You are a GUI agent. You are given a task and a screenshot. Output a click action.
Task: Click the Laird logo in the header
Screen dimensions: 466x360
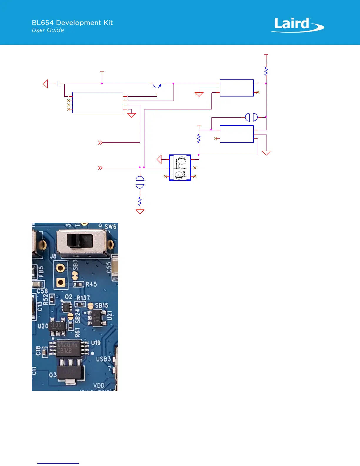pyautogui.click(x=297, y=25)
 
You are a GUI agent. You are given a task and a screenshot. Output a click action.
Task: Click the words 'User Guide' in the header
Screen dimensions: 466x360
pyautogui.click(x=48, y=30)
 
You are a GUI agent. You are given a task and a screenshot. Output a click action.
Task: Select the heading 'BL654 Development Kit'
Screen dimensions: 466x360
pyautogui.click(x=72, y=23)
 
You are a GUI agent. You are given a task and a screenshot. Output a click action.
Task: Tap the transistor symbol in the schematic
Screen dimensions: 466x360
pyautogui.click(x=157, y=86)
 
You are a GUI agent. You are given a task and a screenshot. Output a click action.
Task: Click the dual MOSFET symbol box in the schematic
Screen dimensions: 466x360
pyautogui.click(x=180, y=168)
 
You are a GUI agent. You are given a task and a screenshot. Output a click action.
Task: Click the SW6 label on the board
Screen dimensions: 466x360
pyautogui.click(x=111, y=227)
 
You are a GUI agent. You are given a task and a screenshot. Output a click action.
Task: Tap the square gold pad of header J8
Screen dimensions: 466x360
pyautogui.click(x=61, y=283)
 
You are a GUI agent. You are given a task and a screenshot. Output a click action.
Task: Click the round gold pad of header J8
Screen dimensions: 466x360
pyautogui.click(x=61, y=268)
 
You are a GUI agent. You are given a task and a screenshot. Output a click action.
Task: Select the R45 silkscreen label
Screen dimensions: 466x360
pyautogui.click(x=91, y=284)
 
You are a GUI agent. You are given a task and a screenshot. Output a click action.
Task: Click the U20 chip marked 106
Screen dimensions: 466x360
pyautogui.click(x=57, y=327)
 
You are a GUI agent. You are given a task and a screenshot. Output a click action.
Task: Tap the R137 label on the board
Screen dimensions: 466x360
pyautogui.click(x=84, y=298)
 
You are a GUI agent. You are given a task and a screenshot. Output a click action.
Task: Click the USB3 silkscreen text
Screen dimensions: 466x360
pyautogui.click(x=104, y=359)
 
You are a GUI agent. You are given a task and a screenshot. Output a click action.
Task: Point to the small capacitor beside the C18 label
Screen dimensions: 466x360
pyautogui.click(x=44, y=352)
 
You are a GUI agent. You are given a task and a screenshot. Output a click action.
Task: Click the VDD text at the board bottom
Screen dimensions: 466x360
pyautogui.click(x=99, y=385)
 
